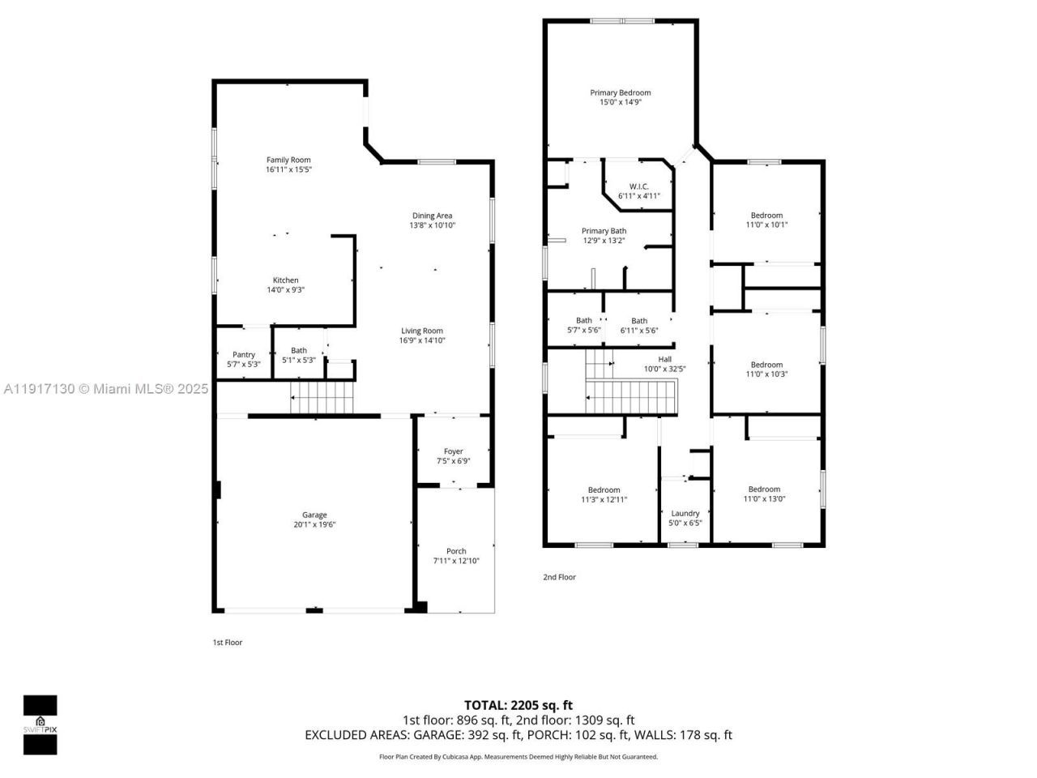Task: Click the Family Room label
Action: tap(288, 160)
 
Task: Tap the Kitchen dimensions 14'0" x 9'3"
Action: tap(285, 290)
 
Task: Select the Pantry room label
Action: tap(244, 354)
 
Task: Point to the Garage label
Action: tap(314, 515)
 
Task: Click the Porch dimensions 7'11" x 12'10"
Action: tap(456, 561)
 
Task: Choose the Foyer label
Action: tap(453, 451)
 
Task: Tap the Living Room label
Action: tap(422, 331)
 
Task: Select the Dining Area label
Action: tap(432, 216)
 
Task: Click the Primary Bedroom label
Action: tap(620, 92)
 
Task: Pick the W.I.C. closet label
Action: tap(639, 186)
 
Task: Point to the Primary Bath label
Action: tap(604, 231)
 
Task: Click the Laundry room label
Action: tap(685, 513)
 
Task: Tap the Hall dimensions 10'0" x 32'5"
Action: tap(664, 369)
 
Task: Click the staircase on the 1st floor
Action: tap(323, 398)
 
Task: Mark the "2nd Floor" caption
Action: tap(559, 577)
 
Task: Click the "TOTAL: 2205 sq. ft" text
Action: tap(518, 705)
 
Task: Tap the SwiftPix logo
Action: tap(40, 724)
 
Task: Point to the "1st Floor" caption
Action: tap(227, 643)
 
